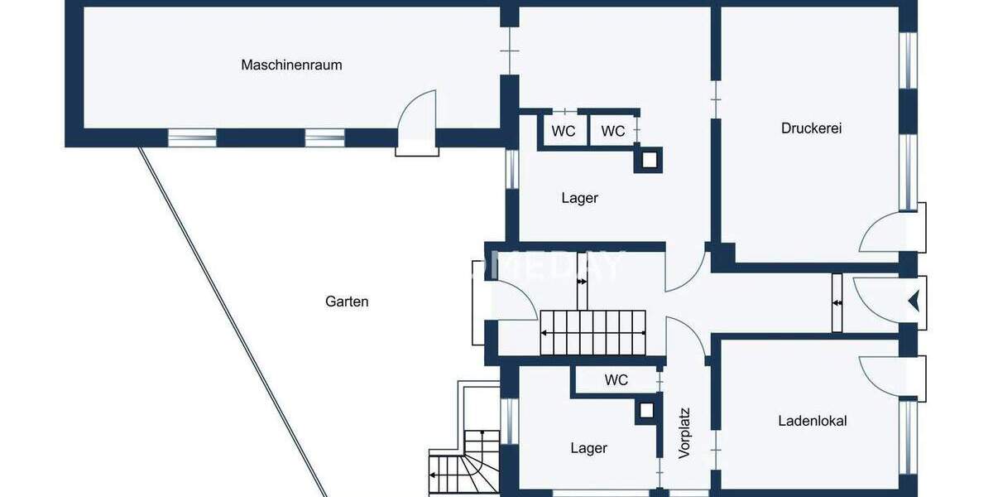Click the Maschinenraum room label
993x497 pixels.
point(291,65)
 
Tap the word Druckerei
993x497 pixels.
point(811,128)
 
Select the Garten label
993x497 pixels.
point(347,302)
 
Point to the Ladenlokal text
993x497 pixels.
point(812,421)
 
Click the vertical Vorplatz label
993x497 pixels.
point(684,432)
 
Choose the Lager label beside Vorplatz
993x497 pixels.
point(588,448)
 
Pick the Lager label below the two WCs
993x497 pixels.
point(579,198)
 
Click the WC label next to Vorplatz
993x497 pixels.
point(616,380)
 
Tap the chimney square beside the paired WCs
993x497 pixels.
point(648,158)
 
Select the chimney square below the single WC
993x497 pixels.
point(646,411)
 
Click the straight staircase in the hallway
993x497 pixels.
point(592,332)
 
